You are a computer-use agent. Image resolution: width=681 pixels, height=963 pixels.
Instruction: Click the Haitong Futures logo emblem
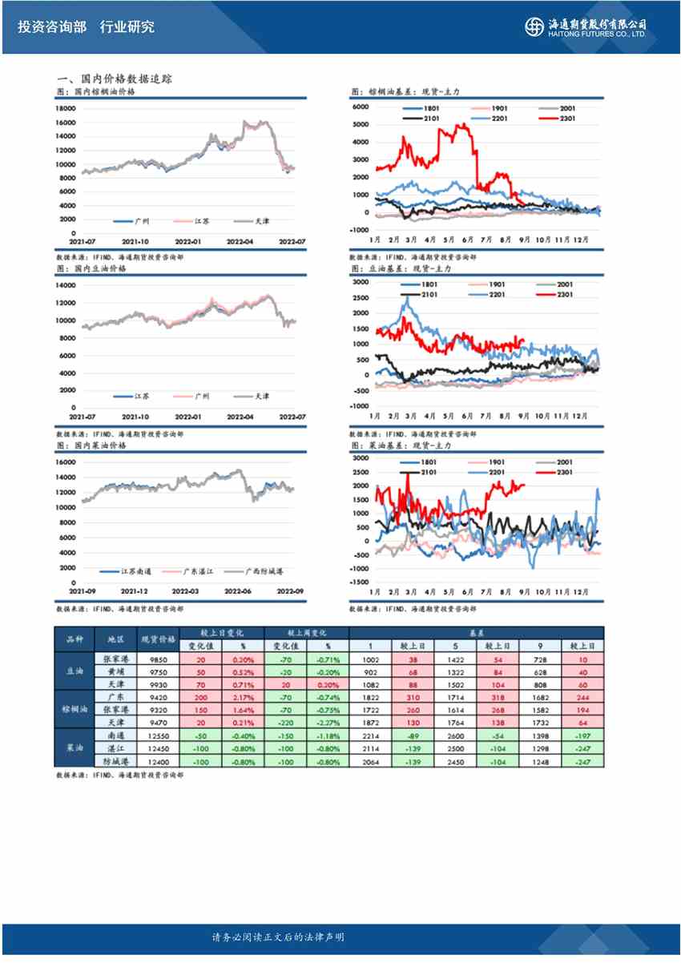534,27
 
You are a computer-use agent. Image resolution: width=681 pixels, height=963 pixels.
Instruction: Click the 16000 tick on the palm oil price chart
66,123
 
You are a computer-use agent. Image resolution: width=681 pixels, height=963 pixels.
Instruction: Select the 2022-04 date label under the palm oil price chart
240,240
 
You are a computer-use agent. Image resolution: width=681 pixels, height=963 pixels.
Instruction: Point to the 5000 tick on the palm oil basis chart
360,125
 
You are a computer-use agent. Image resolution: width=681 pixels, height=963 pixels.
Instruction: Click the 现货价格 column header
158,640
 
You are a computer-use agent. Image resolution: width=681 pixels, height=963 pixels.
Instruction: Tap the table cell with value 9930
158,685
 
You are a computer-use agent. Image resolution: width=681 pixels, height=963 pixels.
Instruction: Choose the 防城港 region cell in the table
110,760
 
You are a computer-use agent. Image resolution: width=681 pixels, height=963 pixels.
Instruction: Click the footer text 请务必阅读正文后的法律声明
277,937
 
